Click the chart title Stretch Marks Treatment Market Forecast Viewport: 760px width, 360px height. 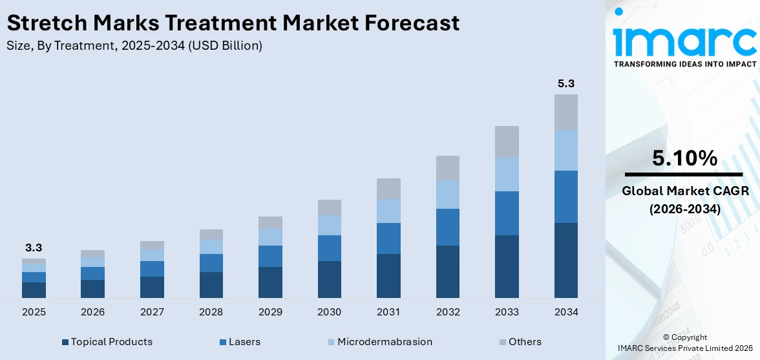coord(233,23)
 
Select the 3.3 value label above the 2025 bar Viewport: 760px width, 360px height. coord(34,248)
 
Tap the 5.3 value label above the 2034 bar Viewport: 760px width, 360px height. coord(565,83)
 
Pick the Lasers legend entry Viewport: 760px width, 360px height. coord(242,341)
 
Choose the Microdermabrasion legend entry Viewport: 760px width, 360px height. coord(384,341)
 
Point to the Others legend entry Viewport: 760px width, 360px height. coord(524,341)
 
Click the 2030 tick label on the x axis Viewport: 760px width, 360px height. coord(330,312)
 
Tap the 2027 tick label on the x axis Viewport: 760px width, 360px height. coord(152,312)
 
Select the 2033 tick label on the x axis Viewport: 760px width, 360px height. coord(507,312)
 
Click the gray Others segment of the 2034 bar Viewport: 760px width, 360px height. coord(565,112)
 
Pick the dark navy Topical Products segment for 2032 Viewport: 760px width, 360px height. coord(447,271)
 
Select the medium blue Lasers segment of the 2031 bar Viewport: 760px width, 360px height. coord(388,238)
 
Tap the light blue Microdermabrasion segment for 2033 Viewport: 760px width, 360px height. coord(507,174)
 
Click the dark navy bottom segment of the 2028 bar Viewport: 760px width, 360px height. coord(211,285)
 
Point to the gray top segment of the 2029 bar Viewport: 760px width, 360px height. coord(270,222)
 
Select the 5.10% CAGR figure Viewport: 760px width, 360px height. coord(684,158)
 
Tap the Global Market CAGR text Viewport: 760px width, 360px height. coord(684,191)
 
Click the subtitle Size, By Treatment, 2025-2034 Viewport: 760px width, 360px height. coord(134,45)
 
